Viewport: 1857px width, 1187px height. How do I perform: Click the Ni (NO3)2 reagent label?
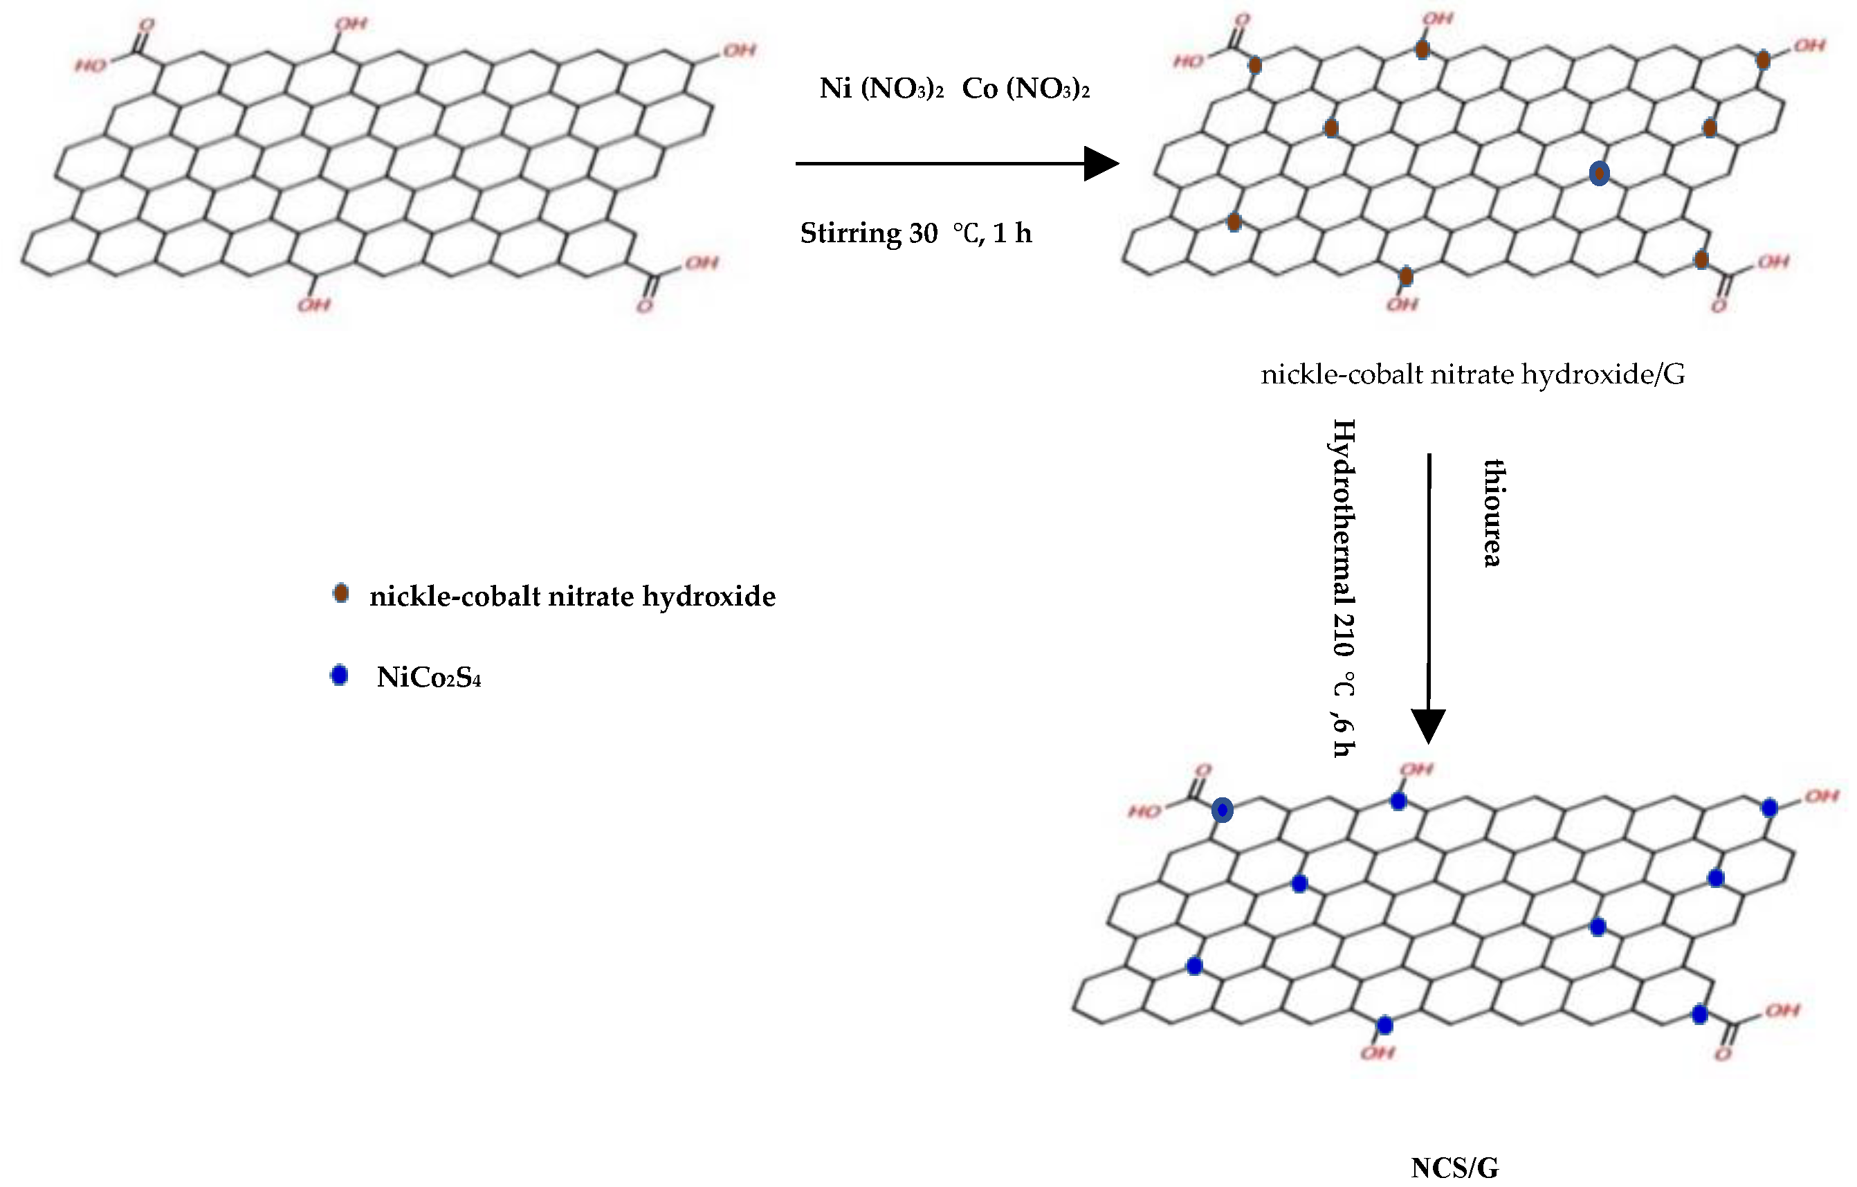(x=881, y=89)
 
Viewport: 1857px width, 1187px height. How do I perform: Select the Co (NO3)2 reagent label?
(x=1025, y=89)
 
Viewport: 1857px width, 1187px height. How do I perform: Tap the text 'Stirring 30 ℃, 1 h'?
(x=915, y=233)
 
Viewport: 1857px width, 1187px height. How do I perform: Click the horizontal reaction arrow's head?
(x=1101, y=163)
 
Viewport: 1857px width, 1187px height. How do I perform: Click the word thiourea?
(x=1493, y=513)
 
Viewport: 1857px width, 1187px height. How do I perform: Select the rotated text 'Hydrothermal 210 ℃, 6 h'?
(x=1344, y=588)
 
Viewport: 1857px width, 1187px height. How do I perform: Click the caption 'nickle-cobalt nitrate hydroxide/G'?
(x=1472, y=374)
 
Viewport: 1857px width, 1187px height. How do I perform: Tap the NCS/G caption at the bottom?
(x=1454, y=1168)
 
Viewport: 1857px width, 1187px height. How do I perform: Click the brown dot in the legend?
(x=340, y=593)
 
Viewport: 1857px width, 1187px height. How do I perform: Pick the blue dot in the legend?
(x=339, y=676)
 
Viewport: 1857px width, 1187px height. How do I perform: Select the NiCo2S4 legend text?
(x=429, y=677)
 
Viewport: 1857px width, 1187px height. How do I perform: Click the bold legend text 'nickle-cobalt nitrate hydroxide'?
(x=572, y=596)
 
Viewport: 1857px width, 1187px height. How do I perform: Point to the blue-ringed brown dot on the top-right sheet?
(x=1600, y=174)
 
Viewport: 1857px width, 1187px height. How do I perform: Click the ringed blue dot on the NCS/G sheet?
(x=1223, y=810)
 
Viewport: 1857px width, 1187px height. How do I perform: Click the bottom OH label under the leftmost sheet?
(x=314, y=305)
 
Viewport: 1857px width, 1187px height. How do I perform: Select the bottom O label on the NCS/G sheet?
(x=1723, y=1054)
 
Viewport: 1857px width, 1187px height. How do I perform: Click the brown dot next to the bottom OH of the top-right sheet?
(x=1406, y=276)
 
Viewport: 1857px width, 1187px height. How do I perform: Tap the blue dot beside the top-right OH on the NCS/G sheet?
(x=1770, y=808)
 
